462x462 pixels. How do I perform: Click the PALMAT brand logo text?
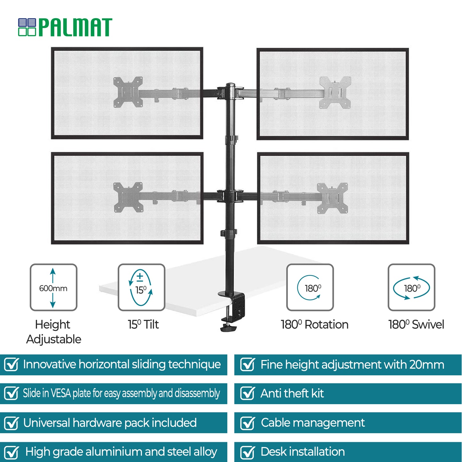click(75, 27)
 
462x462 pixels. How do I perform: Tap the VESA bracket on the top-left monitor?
click(128, 92)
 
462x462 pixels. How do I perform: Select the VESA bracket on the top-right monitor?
click(335, 92)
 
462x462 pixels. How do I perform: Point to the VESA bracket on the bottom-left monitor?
click(128, 197)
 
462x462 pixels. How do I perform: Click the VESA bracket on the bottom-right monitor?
click(333, 198)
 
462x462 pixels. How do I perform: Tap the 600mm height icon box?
click(53, 287)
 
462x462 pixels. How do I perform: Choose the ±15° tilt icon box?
click(141, 287)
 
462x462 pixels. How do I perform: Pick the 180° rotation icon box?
click(310, 287)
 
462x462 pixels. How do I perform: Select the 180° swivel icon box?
click(411, 287)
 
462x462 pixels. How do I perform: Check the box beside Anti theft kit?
click(247, 393)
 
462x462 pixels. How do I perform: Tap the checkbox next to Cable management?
click(247, 423)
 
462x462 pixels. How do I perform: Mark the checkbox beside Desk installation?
click(247, 452)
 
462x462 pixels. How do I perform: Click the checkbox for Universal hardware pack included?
click(12, 423)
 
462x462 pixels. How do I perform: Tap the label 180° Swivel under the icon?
click(416, 325)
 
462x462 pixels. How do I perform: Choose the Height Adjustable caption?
click(53, 332)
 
